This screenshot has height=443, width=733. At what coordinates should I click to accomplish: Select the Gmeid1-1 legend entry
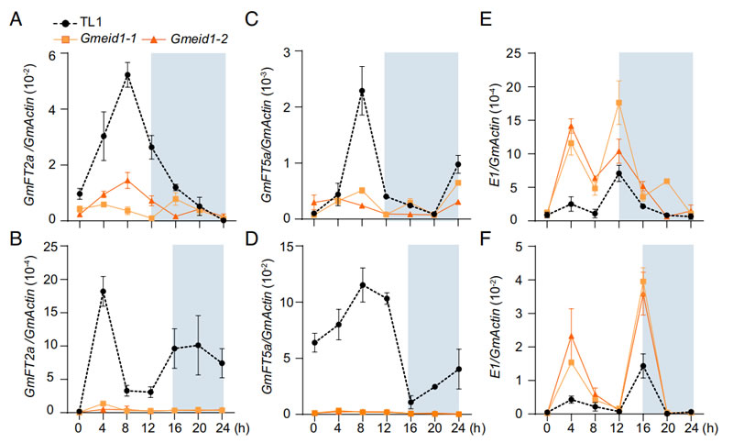[x=101, y=38]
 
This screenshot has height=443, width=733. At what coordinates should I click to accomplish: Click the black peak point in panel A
[x=128, y=75]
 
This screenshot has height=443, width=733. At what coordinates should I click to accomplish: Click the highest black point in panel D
[x=362, y=285]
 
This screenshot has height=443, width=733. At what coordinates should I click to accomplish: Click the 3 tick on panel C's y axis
[x=296, y=54]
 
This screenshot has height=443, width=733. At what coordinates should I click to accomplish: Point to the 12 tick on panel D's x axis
[x=387, y=427]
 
